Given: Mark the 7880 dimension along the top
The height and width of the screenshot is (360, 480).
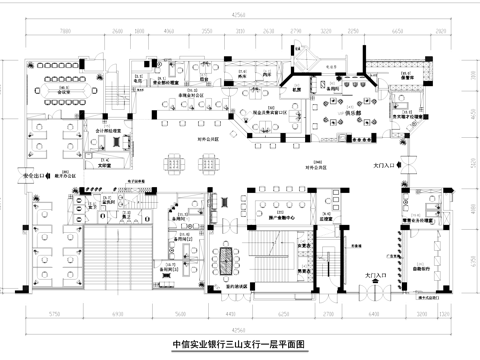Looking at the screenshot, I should tap(61, 31).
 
